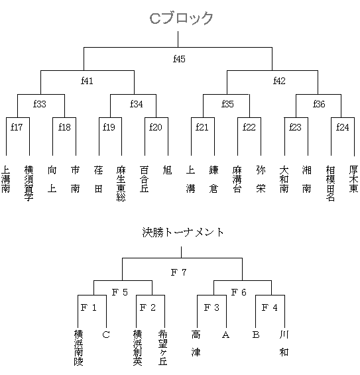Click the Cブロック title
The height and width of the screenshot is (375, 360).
click(x=181, y=18)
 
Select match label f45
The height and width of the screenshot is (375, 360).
click(x=179, y=59)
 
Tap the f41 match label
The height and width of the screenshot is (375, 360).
click(x=87, y=81)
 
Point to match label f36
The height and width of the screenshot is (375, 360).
click(x=319, y=104)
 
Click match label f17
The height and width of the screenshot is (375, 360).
click(x=17, y=127)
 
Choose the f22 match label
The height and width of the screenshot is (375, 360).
click(x=249, y=127)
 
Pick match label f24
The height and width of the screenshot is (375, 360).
click(x=343, y=127)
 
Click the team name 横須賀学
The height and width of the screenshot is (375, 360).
click(x=29, y=184)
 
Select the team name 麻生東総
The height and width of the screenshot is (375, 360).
click(x=121, y=184)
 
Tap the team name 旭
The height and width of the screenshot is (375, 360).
click(x=167, y=170)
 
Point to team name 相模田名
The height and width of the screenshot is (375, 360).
click(x=330, y=184)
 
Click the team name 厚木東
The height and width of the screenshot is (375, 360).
click(x=353, y=179)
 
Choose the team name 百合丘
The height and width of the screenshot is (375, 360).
click(x=145, y=179)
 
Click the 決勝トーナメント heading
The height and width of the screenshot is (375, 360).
click(x=183, y=233)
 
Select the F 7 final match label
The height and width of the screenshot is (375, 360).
click(x=178, y=272)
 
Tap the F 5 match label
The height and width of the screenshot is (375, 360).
click(x=120, y=292)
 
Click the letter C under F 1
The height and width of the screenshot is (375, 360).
click(x=106, y=335)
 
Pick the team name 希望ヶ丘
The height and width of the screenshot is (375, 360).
click(x=163, y=348)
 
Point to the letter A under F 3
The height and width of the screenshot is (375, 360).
click(x=225, y=335)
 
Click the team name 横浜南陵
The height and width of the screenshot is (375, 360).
click(x=78, y=348)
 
